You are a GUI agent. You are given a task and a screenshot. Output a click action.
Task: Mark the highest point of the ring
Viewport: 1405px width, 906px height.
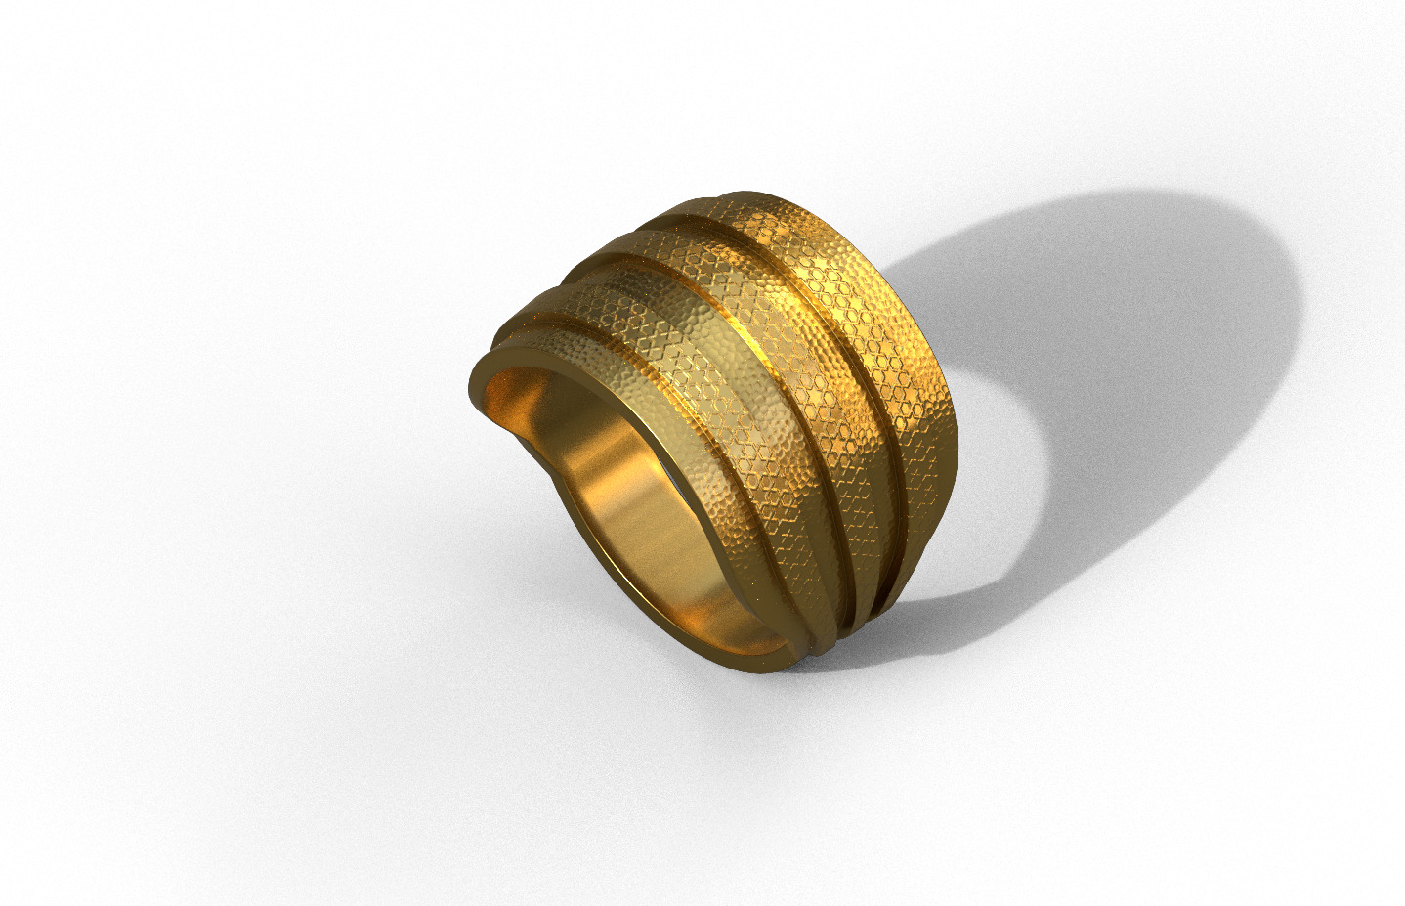(x=743, y=193)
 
